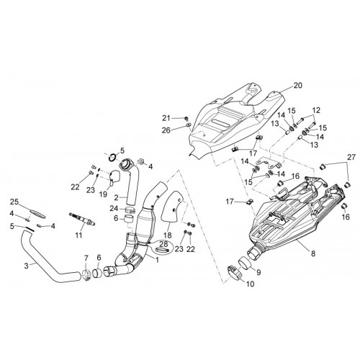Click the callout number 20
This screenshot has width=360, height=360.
click(x=297, y=85)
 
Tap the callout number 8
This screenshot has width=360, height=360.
click(x=313, y=253)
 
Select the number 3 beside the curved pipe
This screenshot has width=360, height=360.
click(x=27, y=266)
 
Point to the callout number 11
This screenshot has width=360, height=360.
click(x=78, y=235)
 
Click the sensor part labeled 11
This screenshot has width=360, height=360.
click(x=82, y=219)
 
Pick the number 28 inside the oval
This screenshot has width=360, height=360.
click(x=165, y=245)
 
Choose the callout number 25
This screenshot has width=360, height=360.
click(x=14, y=202)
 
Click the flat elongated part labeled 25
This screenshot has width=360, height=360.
click(x=37, y=213)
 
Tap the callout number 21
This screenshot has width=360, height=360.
click(x=173, y=118)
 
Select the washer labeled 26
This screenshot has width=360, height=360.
click(x=189, y=125)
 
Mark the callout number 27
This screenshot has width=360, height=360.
click(x=351, y=157)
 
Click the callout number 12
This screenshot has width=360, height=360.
click(x=316, y=110)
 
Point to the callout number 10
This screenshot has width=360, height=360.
click(x=250, y=284)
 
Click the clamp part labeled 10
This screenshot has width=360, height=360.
click(x=234, y=271)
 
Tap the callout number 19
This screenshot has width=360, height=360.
click(x=103, y=194)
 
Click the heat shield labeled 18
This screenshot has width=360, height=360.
click(x=174, y=207)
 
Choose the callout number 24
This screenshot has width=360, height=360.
click(x=114, y=208)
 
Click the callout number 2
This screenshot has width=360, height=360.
click(x=116, y=198)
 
